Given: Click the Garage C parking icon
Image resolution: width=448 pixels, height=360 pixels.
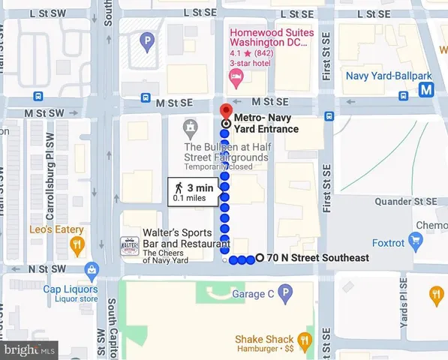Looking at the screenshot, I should [284, 294].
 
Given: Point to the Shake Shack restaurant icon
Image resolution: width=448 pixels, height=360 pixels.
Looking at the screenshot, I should [305, 339].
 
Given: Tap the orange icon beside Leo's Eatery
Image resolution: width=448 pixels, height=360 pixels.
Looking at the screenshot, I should [77, 244].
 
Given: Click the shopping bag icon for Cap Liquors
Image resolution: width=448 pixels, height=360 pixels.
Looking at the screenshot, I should [92, 268].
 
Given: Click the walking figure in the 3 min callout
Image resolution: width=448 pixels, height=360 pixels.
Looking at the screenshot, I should [179, 187].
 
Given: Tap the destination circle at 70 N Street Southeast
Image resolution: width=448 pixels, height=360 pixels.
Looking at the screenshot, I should [260, 259].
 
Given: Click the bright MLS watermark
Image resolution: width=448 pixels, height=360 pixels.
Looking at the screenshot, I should [29, 349].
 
